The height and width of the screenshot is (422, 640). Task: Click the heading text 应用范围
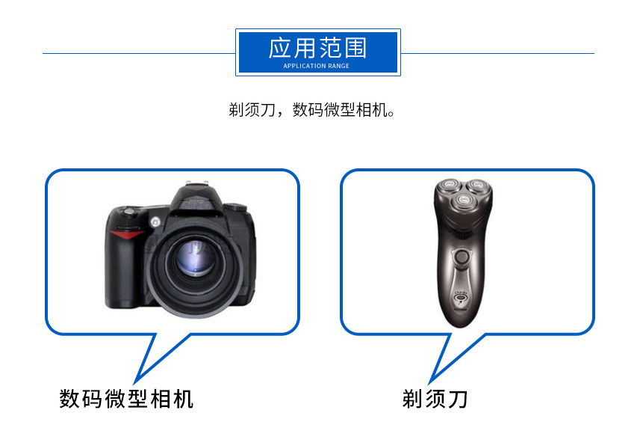[317, 48]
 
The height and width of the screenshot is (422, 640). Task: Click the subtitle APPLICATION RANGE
[317, 66]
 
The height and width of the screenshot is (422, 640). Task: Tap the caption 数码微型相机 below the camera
[126, 399]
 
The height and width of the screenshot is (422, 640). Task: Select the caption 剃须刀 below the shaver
[435, 399]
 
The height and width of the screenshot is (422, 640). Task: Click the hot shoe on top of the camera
[196, 183]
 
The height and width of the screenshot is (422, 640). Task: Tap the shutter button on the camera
[129, 212]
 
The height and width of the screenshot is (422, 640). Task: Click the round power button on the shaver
[462, 257]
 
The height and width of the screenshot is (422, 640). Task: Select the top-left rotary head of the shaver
[449, 186]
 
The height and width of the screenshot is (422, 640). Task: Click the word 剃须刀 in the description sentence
[252, 110]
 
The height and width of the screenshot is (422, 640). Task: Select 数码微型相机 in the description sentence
[340, 110]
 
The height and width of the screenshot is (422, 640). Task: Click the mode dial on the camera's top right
[236, 208]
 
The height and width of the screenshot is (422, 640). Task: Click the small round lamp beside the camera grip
[155, 222]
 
